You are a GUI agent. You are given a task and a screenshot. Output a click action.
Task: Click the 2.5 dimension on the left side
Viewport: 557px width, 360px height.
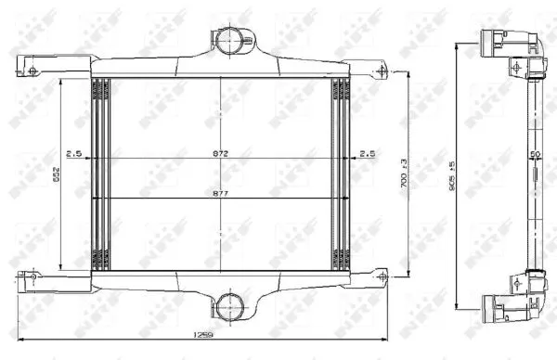(x=73, y=153)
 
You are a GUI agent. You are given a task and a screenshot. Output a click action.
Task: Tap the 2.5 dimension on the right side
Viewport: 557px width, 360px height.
(x=367, y=153)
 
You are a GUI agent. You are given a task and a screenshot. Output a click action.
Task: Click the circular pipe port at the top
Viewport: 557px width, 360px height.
(x=228, y=40)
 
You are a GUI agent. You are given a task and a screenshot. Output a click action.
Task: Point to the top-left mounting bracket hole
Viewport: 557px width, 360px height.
(x=32, y=71)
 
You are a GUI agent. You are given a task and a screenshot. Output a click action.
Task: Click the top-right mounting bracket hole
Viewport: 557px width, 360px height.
(x=381, y=71)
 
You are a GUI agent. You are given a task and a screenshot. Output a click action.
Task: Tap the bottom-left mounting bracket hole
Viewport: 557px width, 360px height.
(x=32, y=275)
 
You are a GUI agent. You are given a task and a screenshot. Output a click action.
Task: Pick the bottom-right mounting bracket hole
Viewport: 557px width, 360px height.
(x=381, y=275)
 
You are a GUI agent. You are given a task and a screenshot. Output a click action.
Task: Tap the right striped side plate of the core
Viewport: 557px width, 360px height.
(x=341, y=174)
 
